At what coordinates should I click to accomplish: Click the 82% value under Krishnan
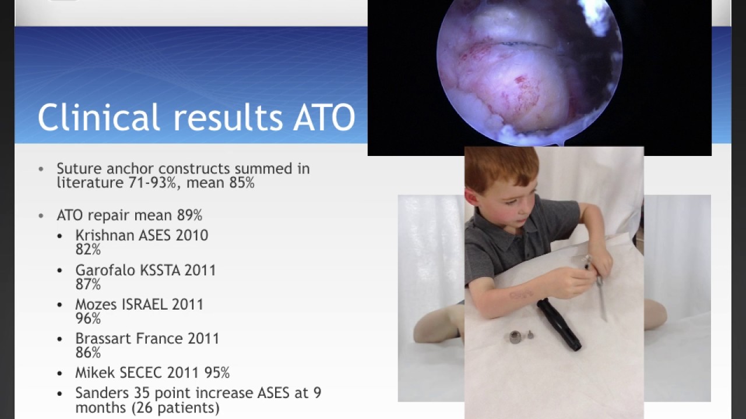(x=88, y=250)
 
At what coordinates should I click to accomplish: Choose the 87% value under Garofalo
(x=88, y=285)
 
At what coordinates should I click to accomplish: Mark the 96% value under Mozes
(x=88, y=318)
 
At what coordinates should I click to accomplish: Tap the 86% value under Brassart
(x=88, y=353)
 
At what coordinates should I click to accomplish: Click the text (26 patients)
(x=175, y=408)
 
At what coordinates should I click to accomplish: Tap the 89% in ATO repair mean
(x=189, y=216)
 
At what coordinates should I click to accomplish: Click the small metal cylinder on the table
(x=516, y=337)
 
